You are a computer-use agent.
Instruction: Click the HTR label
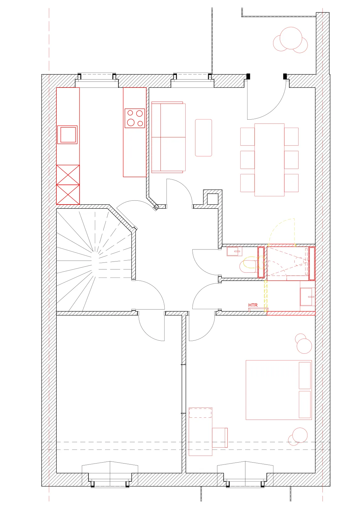tap(253, 305)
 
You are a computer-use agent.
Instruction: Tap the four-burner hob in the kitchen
tap(135, 118)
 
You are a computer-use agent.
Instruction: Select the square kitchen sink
tap(67, 135)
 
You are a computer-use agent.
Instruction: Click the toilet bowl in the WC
tap(248, 264)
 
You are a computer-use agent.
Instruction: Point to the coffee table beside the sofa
tap(203, 138)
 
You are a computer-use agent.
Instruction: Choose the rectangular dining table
tap(269, 160)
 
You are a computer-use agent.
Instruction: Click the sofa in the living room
tap(168, 137)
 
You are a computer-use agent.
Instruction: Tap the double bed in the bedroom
tap(279, 390)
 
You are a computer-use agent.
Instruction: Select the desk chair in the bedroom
tap(220, 438)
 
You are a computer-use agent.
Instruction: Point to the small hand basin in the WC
tap(234, 251)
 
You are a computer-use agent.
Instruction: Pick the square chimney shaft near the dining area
tap(213, 199)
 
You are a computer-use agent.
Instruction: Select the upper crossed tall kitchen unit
tap(68, 175)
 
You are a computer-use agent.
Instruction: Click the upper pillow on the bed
tap(305, 375)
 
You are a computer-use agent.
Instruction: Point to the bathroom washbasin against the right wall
tap(307, 296)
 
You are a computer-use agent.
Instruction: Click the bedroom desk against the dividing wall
tap(200, 431)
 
